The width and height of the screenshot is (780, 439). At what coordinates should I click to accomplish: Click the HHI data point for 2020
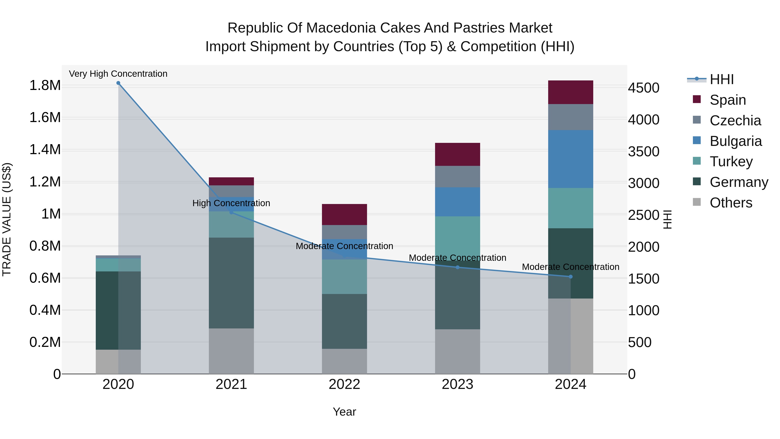coord(118,83)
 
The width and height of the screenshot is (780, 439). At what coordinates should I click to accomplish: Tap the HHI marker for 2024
coord(570,277)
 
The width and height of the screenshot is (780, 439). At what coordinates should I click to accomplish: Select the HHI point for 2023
coord(458,267)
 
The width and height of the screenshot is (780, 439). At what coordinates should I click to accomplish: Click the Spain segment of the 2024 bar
coord(570,92)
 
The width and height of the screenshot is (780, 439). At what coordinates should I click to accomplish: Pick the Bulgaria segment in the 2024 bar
coord(570,159)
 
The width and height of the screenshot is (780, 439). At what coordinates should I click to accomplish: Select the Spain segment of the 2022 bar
coord(344,214)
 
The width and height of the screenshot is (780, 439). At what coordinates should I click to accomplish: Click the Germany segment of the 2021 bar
coord(231,283)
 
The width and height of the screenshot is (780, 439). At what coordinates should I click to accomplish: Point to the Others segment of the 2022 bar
coord(344,361)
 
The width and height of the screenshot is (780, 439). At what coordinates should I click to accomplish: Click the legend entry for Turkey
coord(731,162)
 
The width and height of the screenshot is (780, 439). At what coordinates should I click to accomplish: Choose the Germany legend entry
coord(739,182)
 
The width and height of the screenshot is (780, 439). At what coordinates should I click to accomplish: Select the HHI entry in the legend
coord(721,79)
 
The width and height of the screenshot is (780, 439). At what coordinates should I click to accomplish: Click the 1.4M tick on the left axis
coord(45,150)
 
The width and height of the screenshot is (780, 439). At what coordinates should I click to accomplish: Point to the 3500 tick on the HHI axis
coord(643,152)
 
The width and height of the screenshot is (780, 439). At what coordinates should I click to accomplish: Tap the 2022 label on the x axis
coord(344,384)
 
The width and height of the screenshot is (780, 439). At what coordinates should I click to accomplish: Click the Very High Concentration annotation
coord(118,74)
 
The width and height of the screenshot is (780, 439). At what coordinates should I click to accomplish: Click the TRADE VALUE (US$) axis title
coord(7,219)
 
